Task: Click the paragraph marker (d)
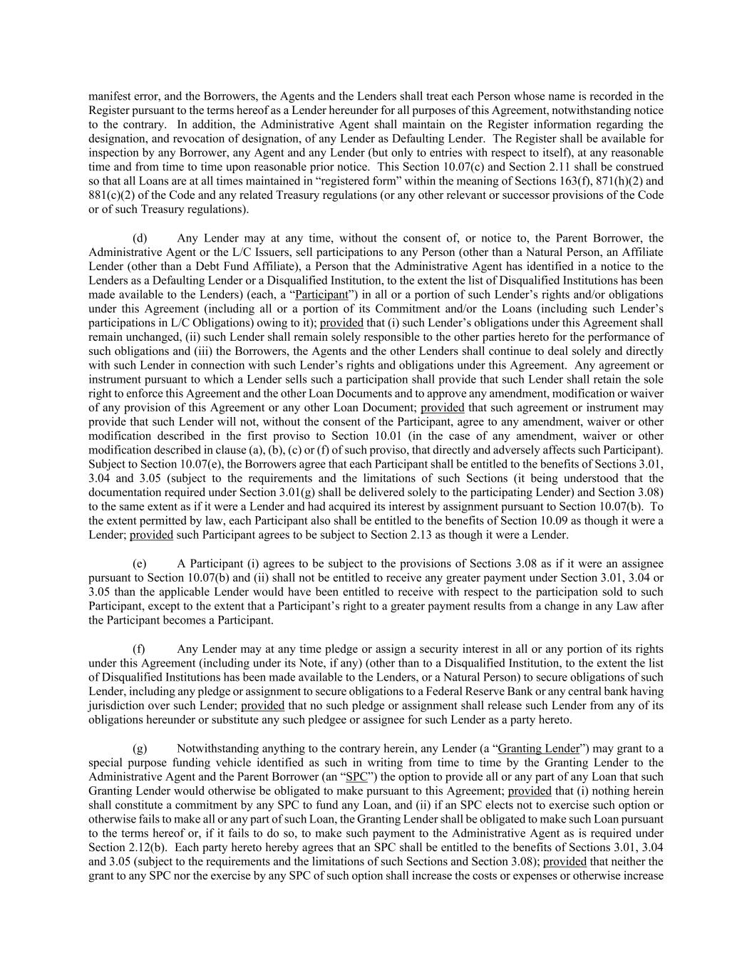click(x=140, y=238)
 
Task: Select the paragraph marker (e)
click(x=140, y=563)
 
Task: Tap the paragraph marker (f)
click(x=140, y=649)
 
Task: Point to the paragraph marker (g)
click(x=140, y=748)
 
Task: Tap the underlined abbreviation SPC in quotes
click(x=356, y=777)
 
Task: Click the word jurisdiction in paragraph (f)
click(x=116, y=706)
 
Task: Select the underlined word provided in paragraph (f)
click(x=262, y=706)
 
